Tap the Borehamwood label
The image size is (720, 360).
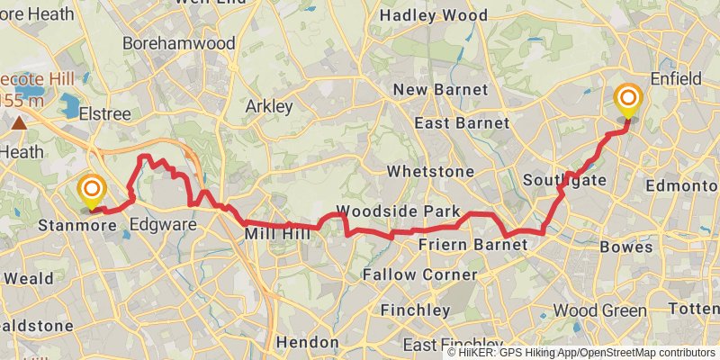point(178,43)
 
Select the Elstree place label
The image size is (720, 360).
point(105,114)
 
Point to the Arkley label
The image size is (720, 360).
point(269,106)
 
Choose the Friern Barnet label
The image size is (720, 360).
point(461,245)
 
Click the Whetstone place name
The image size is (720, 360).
point(430,171)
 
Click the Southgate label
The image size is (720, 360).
point(564,180)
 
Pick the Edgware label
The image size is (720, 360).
point(163,224)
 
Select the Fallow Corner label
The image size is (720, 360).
point(420,274)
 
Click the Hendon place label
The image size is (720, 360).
point(307,342)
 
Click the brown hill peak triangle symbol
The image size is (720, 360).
point(19,120)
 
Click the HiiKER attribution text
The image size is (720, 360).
point(582,353)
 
